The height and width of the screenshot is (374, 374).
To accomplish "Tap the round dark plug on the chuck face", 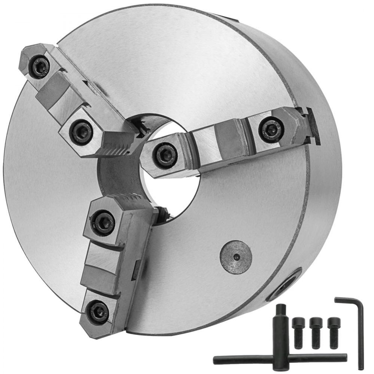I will click(x=235, y=257).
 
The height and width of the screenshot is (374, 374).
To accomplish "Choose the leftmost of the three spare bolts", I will click(x=298, y=332).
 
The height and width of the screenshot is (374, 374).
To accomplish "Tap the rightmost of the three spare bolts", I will click(x=333, y=332).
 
